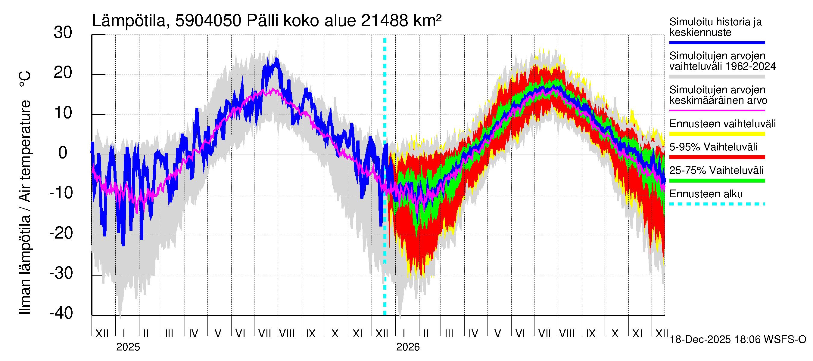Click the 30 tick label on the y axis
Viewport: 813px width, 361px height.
(63, 33)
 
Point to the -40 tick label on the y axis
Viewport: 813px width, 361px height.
(61, 313)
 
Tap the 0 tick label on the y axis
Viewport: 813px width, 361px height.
(63, 153)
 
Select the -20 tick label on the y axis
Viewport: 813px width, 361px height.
(61, 233)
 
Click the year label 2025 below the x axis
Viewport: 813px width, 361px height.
(128, 347)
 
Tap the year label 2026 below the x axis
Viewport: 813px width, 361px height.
(408, 347)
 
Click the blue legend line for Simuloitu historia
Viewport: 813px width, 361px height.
(717, 42)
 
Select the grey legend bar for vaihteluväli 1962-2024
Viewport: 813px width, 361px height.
(717, 77)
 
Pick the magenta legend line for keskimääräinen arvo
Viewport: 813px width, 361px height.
(717, 111)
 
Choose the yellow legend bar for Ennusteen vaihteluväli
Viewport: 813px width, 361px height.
(717, 134)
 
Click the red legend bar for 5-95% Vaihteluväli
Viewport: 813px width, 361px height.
(717, 157)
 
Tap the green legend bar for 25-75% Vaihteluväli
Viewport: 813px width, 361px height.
(717, 181)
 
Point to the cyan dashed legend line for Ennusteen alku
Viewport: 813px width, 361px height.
(717, 204)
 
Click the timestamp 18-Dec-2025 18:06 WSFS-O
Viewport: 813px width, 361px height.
(737, 340)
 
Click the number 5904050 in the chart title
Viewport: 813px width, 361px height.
(208, 21)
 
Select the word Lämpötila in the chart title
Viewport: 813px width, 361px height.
(129, 21)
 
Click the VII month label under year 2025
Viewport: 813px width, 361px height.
(264, 333)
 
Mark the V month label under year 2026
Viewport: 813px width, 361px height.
(498, 333)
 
